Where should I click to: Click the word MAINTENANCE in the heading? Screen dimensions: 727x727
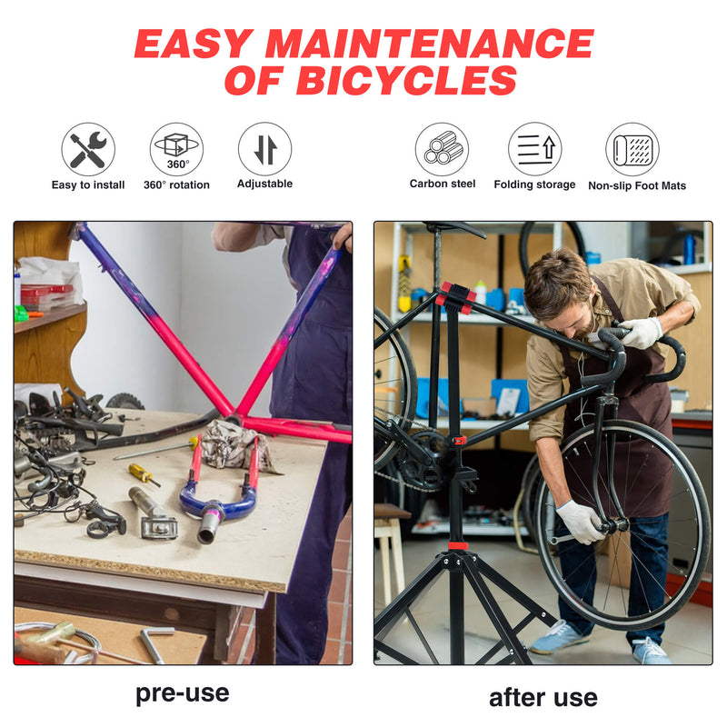click(428, 44)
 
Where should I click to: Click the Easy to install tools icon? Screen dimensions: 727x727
click(88, 149)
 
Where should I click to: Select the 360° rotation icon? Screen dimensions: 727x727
click(176, 149)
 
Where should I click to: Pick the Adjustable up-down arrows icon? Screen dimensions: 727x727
click(264, 149)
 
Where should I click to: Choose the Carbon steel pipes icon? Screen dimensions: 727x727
click(442, 149)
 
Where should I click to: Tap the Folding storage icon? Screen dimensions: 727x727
click(534, 149)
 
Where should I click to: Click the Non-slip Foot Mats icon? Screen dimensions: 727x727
click(632, 149)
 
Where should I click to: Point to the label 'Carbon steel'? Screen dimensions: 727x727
click(443, 184)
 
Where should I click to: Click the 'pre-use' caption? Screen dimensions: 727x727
click(182, 693)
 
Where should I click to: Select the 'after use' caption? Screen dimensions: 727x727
click(543, 697)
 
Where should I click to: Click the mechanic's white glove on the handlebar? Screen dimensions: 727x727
click(641, 333)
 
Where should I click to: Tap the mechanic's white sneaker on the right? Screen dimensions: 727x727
click(651, 650)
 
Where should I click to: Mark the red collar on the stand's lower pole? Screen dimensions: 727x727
click(457, 545)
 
